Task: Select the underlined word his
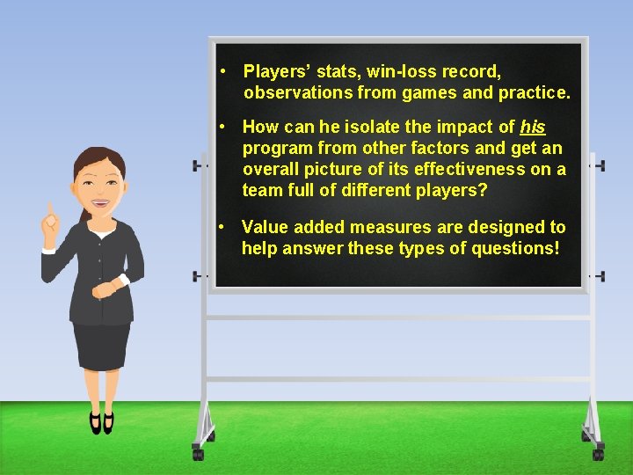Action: [x=533, y=128]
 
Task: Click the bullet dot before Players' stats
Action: [x=226, y=71]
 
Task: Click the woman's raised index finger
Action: [x=51, y=211]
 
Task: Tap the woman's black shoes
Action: [x=101, y=422]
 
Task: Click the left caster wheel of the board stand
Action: [x=198, y=454]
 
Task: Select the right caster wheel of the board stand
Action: [x=599, y=454]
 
